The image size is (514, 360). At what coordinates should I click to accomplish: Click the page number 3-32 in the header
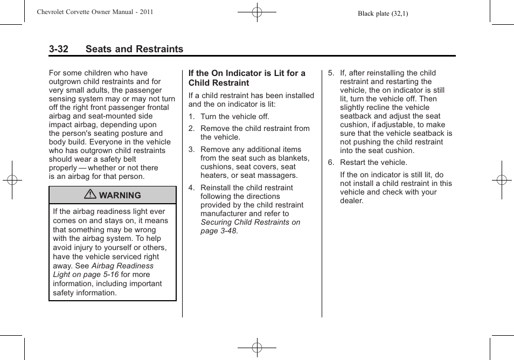(59, 49)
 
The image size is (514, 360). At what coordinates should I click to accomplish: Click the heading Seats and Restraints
(134, 49)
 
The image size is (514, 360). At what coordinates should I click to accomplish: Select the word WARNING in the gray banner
(120, 196)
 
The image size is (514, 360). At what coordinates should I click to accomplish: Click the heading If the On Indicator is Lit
(247, 78)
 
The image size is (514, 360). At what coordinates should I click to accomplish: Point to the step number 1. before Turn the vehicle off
(191, 116)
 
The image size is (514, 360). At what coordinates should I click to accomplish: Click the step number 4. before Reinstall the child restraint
(191, 188)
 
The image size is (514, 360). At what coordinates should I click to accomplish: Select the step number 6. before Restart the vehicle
(331, 162)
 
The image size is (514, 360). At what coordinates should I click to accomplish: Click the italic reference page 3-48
(219, 231)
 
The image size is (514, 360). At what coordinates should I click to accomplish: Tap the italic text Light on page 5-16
(86, 275)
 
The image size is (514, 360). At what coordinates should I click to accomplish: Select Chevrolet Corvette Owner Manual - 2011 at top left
(95, 12)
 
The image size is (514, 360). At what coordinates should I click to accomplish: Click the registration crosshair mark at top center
(257, 12)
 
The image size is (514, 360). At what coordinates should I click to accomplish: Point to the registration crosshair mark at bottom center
(257, 348)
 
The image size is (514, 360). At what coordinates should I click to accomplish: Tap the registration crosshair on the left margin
(12, 180)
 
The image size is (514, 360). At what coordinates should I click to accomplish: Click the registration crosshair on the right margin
(502, 180)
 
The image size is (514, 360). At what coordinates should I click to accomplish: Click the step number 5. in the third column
(331, 73)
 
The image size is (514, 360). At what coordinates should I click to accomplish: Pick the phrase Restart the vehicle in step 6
(373, 162)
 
